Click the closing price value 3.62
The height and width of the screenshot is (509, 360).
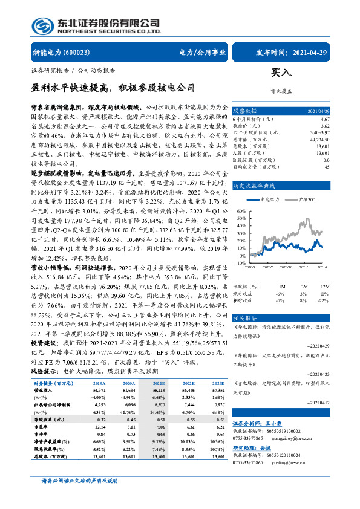click(x=326, y=126)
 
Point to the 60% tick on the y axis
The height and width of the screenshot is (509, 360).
click(x=241, y=211)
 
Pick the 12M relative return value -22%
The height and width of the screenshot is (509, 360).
click(x=324, y=300)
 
